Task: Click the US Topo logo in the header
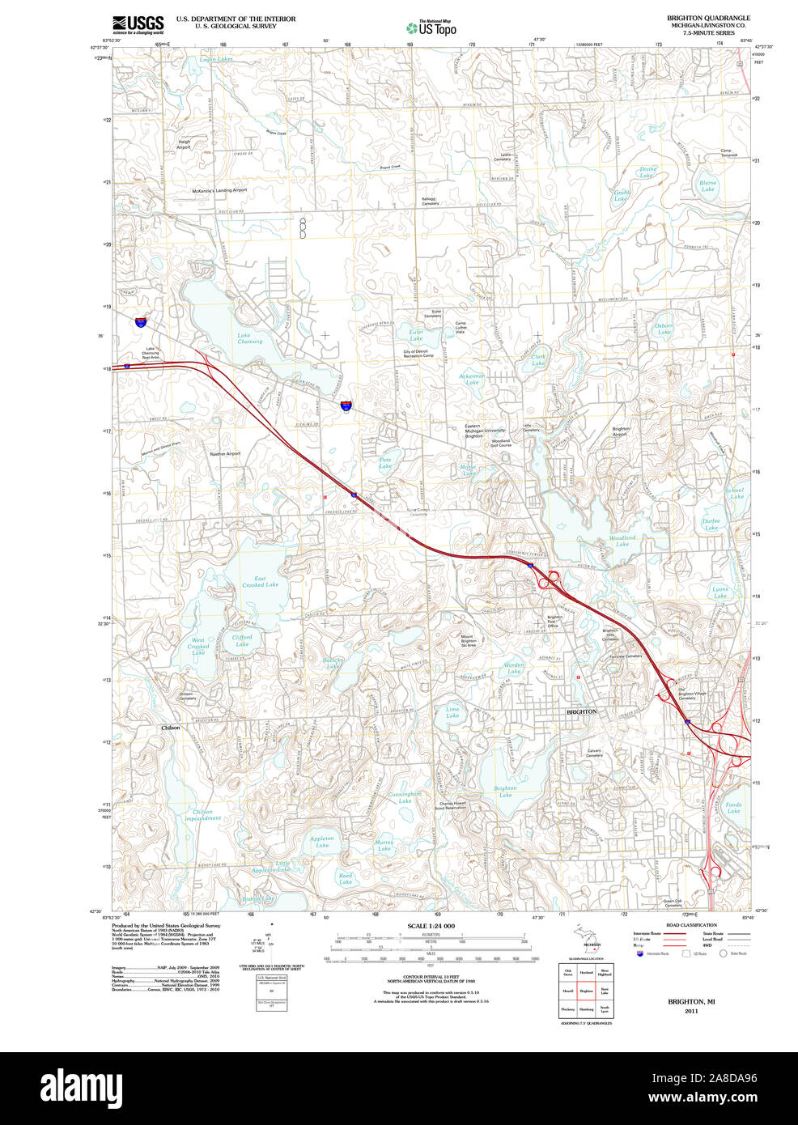tap(431, 28)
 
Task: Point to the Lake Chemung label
tap(249, 338)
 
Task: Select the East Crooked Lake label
tap(260, 581)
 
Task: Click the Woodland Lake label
tap(622, 541)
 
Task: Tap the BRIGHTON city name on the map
tap(581, 711)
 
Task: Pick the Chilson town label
tap(171, 728)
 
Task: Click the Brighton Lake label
tap(505, 792)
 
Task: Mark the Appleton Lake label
tap(321, 842)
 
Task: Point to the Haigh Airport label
tap(184, 145)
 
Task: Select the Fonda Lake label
tap(733, 808)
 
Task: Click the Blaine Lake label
tap(708, 186)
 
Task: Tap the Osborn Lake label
tap(664, 329)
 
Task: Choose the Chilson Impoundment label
tap(202, 815)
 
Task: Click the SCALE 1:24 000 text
tap(431, 926)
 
